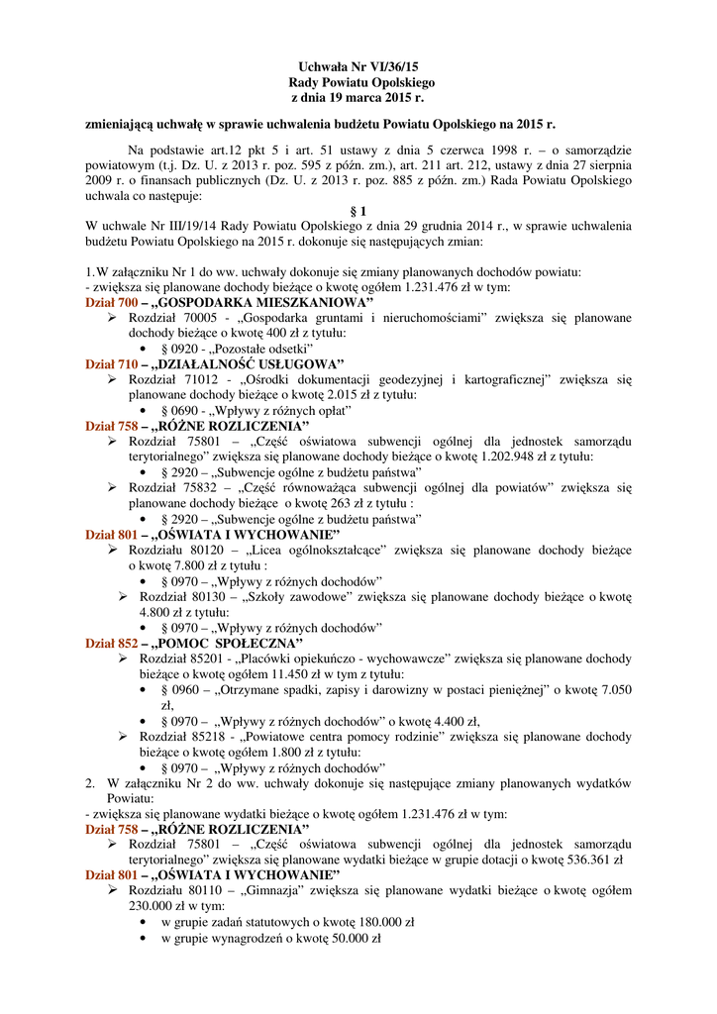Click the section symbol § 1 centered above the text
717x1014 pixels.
(x=358, y=211)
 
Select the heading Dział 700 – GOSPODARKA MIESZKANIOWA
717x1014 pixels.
(x=230, y=302)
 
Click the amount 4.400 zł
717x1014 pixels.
(x=456, y=721)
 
